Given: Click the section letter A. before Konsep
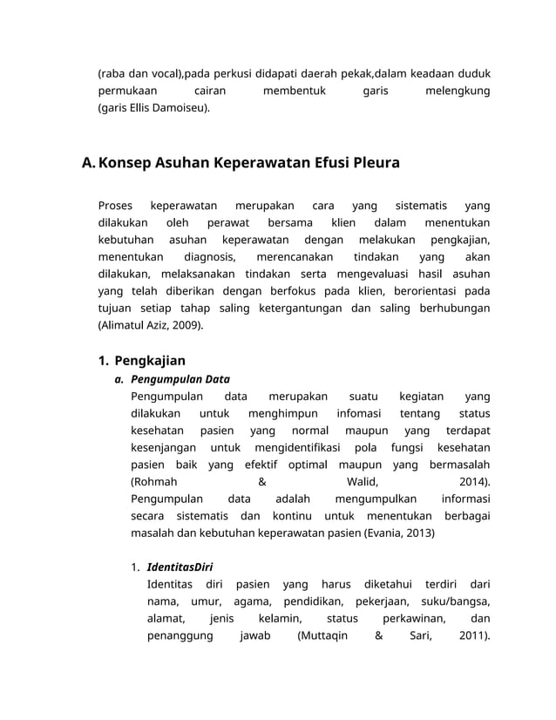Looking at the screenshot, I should pos(88,163).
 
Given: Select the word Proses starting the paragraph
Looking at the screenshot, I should pos(115,207).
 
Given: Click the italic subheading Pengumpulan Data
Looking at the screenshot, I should pos(180,379).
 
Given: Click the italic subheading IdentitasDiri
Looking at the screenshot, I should pos(180,567).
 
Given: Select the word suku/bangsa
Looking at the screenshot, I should pos(454,601).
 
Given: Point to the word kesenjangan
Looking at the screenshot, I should pos(162,447).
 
